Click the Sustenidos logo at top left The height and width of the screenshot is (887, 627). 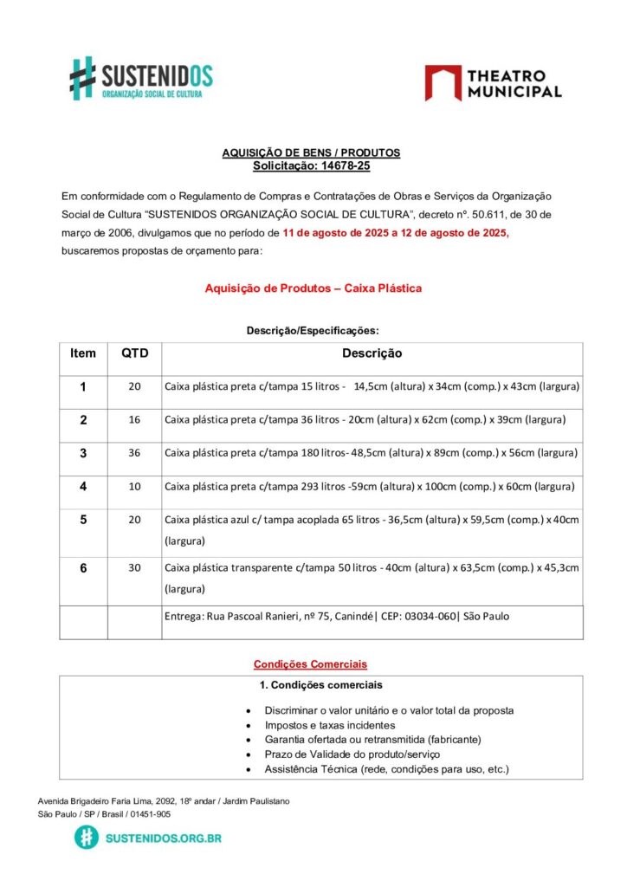click(141, 78)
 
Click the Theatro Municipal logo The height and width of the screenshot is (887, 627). click(493, 83)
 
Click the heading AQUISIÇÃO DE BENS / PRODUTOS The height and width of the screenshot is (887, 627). click(311, 152)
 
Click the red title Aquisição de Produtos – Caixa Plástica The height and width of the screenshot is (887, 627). click(313, 288)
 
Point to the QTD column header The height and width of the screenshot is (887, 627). click(134, 353)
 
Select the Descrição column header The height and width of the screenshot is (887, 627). click(372, 353)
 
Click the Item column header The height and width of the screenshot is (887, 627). click(83, 353)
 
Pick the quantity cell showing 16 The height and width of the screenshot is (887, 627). click(134, 419)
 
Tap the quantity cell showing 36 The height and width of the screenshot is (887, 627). click(134, 453)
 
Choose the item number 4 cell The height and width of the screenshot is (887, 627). click(83, 486)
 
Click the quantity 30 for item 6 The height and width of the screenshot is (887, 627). click(134, 568)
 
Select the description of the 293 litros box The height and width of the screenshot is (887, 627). click(370, 486)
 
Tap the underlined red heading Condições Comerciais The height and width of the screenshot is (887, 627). click(310, 664)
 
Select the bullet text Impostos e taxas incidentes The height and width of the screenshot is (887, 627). click(330, 725)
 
